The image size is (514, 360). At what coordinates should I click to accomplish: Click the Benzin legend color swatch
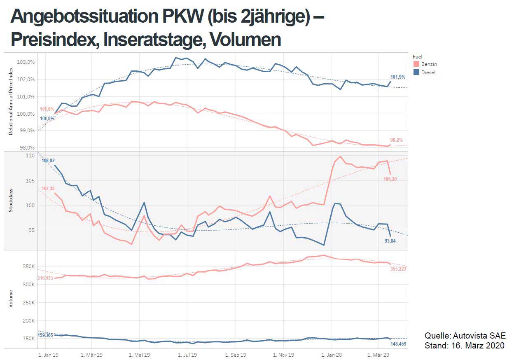[416, 64]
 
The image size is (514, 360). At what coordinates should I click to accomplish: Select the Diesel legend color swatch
[416, 72]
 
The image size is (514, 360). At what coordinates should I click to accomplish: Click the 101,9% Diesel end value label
[397, 77]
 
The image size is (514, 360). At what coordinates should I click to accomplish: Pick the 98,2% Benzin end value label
[397, 140]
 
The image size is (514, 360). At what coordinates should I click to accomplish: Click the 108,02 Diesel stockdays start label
[48, 160]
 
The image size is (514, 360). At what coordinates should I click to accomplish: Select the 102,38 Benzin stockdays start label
[48, 189]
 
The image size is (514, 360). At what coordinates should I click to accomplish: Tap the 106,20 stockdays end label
[390, 179]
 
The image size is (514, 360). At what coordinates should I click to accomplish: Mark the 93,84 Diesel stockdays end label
[390, 241]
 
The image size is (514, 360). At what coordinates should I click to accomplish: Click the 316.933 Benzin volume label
[45, 278]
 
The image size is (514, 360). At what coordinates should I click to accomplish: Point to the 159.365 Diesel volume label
[45, 335]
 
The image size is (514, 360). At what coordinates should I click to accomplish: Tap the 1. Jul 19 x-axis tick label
[187, 354]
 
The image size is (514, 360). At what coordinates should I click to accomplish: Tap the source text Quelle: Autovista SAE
[465, 335]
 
